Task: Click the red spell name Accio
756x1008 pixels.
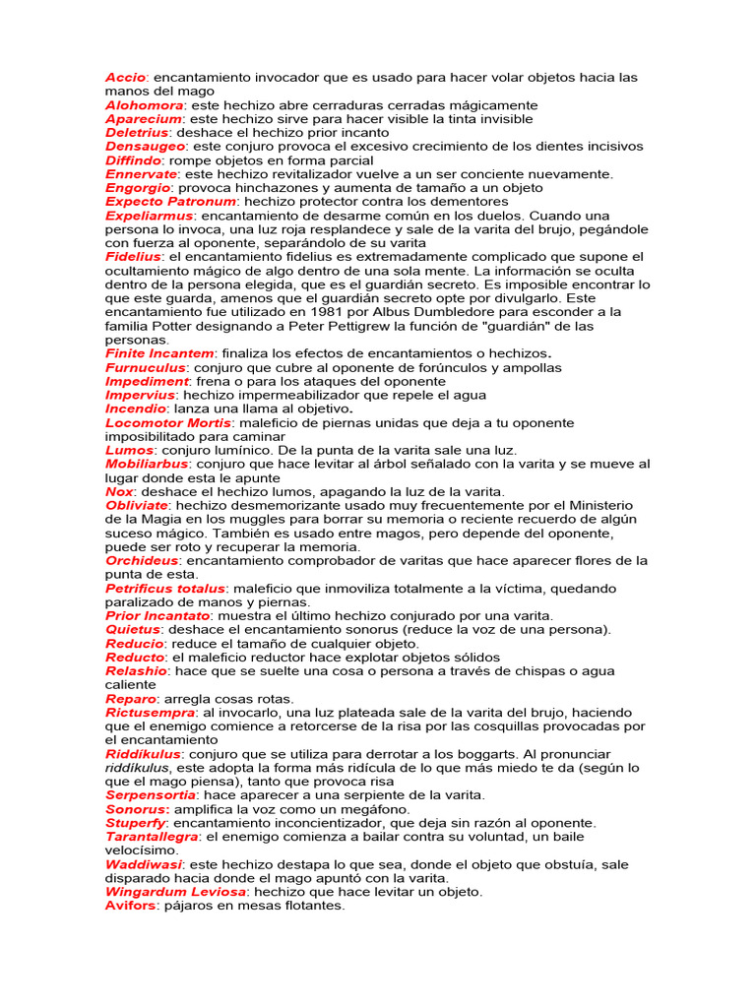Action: click(125, 77)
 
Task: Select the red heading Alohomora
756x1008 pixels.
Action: click(144, 104)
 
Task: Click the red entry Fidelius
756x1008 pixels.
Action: click(133, 256)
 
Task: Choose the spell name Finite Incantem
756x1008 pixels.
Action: click(159, 352)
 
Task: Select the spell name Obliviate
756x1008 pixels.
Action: click(136, 505)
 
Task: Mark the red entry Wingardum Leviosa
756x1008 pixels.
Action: click(175, 891)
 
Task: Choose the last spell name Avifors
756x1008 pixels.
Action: click(131, 905)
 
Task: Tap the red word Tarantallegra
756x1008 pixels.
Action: click(152, 836)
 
